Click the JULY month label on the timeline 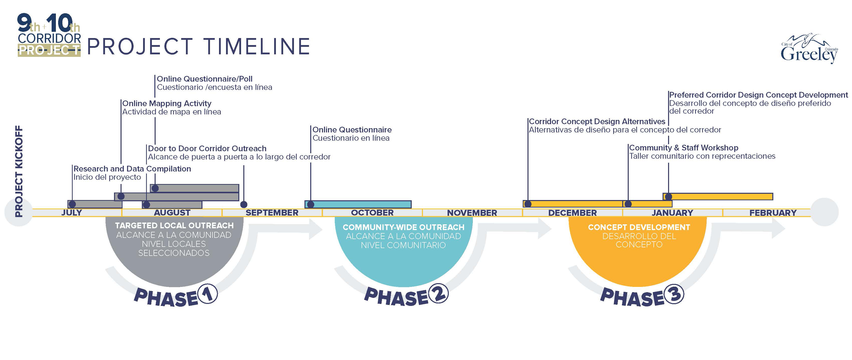72,213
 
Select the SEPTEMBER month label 272,213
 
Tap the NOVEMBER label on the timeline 472,213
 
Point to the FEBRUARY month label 773,213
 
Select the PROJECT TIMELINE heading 198,46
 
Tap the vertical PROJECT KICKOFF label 19,171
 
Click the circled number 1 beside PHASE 207,294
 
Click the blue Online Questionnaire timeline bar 358,204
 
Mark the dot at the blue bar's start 310,204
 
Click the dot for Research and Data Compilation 72,204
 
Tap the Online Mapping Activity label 167,103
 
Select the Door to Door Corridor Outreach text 207,148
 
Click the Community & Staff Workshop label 684,148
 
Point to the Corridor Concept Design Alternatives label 597,122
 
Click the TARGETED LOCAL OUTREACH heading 174,226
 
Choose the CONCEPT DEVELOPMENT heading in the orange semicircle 639,227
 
